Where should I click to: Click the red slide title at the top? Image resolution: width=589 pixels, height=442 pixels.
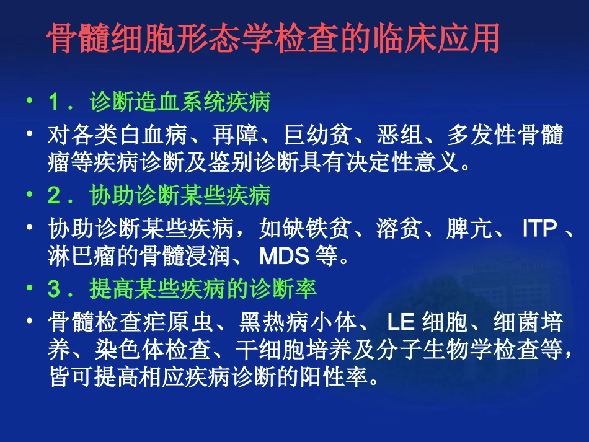click(273, 40)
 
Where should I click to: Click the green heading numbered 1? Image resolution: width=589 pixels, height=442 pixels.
click(159, 102)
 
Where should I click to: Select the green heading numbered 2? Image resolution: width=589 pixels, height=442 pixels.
click(159, 197)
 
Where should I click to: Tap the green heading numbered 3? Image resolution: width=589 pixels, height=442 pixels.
click(182, 289)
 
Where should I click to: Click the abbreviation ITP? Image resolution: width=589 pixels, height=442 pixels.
click(539, 229)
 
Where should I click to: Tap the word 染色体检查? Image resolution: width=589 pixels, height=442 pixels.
click(154, 349)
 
